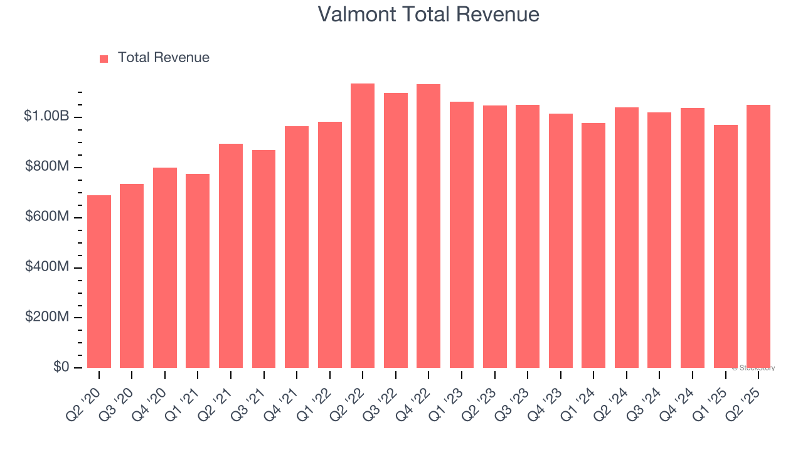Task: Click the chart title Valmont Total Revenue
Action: tap(428, 14)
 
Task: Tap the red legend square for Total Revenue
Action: tap(104, 58)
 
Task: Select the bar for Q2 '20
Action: tap(99, 281)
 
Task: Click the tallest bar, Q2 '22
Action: tap(363, 225)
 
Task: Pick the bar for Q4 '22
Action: tap(428, 226)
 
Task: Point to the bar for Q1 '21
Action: tap(198, 271)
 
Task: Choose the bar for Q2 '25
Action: tap(758, 236)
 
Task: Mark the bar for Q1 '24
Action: tap(593, 245)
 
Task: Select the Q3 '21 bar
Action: tap(263, 259)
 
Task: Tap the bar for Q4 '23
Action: tap(560, 240)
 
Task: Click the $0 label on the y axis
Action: tap(61, 367)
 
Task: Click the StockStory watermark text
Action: tap(753, 368)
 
